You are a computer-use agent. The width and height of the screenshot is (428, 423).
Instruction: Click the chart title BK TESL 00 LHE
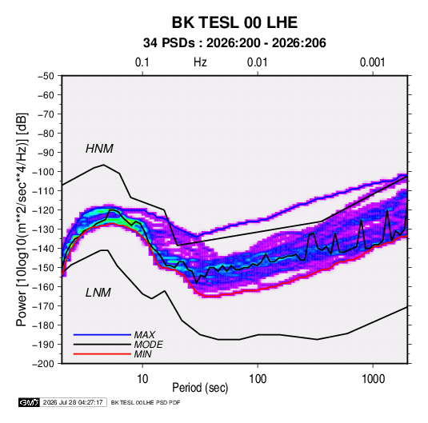234,22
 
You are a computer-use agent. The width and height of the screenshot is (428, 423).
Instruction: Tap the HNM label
99,149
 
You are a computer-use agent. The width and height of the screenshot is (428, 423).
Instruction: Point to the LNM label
98,293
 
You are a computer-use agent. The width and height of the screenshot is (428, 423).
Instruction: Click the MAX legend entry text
145,334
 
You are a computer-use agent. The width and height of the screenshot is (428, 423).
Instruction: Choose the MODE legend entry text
149,345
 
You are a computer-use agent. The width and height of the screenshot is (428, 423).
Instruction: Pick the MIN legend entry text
142,354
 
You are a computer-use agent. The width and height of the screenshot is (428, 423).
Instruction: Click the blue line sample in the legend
102,335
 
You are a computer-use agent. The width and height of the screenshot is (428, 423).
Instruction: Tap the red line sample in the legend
102,354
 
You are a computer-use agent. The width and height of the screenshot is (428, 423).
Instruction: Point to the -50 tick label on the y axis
46,76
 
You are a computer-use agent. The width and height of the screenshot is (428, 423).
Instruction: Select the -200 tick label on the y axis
43,364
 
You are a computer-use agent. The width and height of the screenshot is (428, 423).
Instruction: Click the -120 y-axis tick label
43,210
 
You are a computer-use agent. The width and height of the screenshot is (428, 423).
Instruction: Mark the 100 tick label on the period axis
258,379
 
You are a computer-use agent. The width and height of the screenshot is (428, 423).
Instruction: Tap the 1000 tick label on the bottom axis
373,379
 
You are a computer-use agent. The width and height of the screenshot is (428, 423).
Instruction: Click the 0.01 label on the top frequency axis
257,62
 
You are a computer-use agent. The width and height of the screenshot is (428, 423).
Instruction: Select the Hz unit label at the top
200,62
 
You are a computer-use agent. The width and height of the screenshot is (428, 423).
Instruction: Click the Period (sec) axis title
200,388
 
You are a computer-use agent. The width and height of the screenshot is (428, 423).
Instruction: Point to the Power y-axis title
22,220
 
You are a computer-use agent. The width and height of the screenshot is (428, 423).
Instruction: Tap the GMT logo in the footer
30,402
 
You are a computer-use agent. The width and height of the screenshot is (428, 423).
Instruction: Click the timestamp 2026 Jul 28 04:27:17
73,402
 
